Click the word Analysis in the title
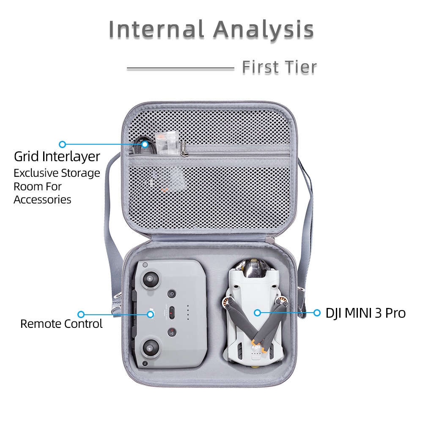point(264,30)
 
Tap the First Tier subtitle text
point(280,67)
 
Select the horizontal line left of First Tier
point(180,69)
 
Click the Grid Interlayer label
point(57,157)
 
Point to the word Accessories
point(42,200)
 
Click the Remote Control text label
point(61,324)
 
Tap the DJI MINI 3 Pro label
point(365,313)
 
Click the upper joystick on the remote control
point(149,280)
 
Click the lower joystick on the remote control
point(149,347)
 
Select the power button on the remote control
point(172,294)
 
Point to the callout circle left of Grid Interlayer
point(62,144)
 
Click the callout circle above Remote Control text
point(81,314)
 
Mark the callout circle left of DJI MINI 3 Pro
point(317,313)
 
